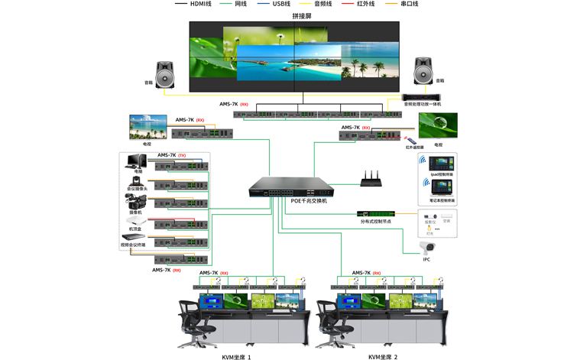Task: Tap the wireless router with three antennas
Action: [371, 180]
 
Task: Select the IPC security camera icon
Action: [426, 247]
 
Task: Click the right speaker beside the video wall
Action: [424, 71]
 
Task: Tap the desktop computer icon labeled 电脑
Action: [137, 161]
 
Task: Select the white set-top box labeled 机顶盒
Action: [135, 221]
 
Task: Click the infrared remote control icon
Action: [411, 141]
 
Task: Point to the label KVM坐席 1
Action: [236, 356]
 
